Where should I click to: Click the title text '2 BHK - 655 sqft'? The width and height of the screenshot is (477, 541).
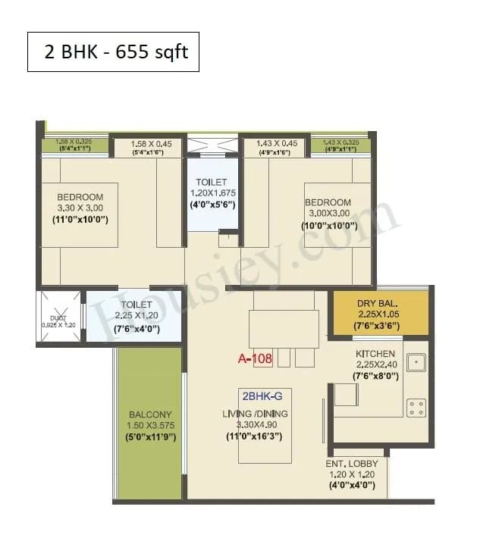[113, 52]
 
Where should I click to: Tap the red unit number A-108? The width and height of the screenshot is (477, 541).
[256, 359]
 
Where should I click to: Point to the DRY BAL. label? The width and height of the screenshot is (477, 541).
[378, 304]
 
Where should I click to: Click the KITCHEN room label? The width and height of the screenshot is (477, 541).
[375, 354]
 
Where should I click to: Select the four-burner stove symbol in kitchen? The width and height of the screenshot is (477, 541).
[416, 408]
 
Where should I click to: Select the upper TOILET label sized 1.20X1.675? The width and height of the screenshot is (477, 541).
[212, 182]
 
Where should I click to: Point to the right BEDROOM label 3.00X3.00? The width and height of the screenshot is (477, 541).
[328, 202]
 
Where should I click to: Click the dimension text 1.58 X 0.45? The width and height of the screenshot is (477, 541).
[148, 143]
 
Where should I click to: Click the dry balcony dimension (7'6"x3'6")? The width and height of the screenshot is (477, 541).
[378, 326]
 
